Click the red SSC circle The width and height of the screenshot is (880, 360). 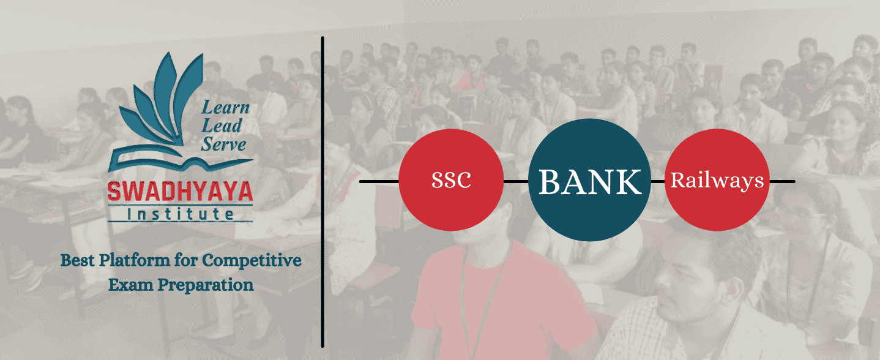pos(451,180)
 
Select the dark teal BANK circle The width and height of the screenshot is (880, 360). pos(590,180)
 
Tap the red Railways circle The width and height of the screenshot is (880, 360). pos(717,180)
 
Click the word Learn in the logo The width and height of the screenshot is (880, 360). pos(225,107)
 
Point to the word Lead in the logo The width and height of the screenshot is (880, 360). pos(222,126)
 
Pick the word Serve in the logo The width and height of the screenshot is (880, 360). pos(223,144)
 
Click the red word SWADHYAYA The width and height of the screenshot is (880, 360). pos(181,192)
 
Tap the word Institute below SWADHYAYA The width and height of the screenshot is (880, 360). pos(181,214)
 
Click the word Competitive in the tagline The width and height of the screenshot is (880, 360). pos(252,261)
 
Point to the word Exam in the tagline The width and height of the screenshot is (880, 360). pos(131,285)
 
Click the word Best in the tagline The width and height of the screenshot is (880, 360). pos(77,260)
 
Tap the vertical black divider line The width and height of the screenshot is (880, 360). pos(323,192)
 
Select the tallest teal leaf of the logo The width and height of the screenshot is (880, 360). pos(168,94)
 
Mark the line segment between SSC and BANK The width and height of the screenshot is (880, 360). pos(516,182)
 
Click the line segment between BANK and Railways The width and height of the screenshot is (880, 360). pos(658,182)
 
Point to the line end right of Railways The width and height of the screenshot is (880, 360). pos(794,182)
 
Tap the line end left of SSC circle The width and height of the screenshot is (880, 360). pos(360,182)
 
